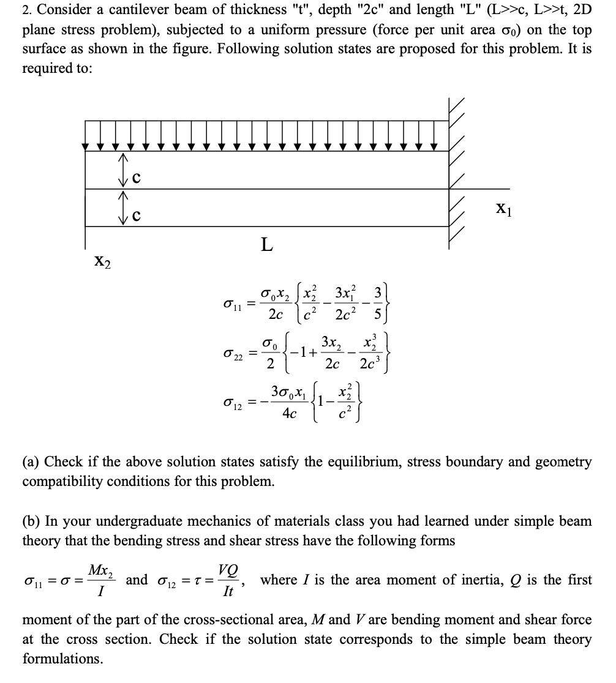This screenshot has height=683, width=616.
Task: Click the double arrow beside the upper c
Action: pos(123,170)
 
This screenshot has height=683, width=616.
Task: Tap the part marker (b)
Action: pos(31,521)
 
